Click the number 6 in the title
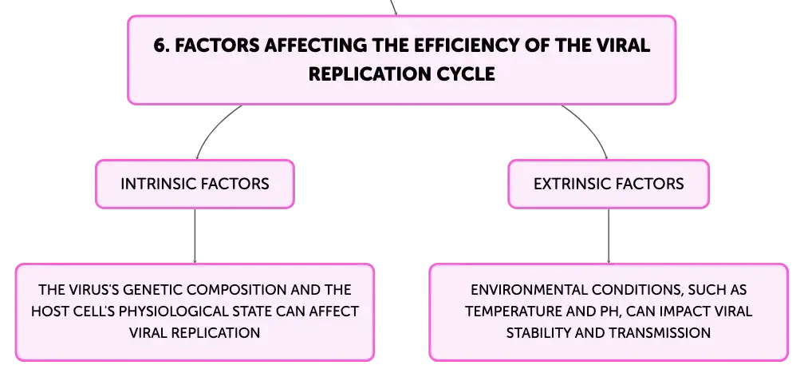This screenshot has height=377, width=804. pyautogui.click(x=161, y=46)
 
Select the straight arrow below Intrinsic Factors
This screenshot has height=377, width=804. pyautogui.click(x=195, y=236)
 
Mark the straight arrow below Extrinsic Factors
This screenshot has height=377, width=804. pyautogui.click(x=609, y=236)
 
